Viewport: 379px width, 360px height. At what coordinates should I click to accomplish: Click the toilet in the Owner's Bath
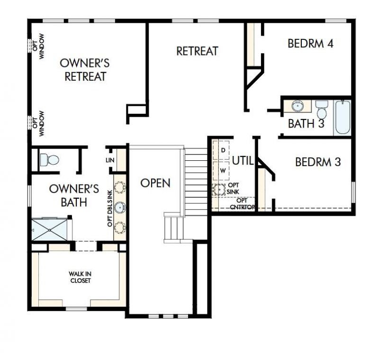pos(47,159)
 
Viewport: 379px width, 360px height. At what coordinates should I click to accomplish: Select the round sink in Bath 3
pos(298,105)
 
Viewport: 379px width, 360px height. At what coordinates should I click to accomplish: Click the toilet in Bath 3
pos(322,110)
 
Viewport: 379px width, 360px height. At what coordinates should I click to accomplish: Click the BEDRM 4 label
pos(310,44)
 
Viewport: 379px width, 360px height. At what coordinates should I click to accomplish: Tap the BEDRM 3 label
pos(318,162)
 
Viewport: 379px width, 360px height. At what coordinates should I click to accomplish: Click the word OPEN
pos(155,183)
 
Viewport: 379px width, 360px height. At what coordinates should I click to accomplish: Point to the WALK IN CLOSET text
pos(79,277)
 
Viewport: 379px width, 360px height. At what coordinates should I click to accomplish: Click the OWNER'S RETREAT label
pos(85,69)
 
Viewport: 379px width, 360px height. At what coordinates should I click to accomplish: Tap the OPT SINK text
pos(234,188)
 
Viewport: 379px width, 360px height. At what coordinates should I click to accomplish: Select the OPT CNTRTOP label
pos(239,203)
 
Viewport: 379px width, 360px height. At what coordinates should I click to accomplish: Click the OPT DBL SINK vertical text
pos(110,207)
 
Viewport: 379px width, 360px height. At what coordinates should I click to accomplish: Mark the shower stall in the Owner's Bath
pos(49,230)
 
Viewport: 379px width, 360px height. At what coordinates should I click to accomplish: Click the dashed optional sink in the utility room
pos(219,190)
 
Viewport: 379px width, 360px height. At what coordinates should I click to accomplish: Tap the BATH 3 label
pos(306,124)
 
